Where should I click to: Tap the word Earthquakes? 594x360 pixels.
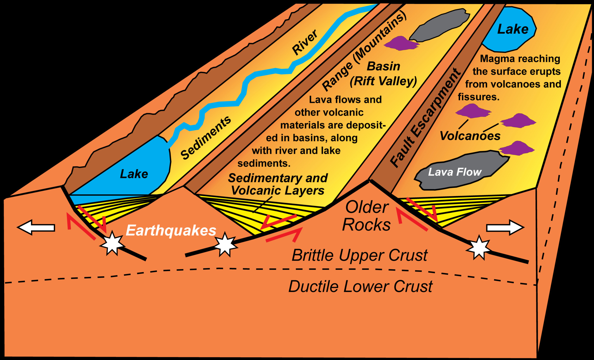(171, 230)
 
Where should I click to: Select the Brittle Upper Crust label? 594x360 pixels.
(360, 255)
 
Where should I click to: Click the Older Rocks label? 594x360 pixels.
(367, 216)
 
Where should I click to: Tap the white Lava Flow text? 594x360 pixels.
(455, 172)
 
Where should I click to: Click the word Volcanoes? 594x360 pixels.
(470, 136)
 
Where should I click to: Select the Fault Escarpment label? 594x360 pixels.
(426, 118)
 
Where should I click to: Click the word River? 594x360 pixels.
(305, 42)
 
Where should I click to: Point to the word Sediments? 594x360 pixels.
(206, 138)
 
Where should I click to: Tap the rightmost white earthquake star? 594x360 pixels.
(479, 247)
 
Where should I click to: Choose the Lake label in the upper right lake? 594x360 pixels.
(513, 29)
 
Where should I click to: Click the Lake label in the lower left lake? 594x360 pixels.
(134, 174)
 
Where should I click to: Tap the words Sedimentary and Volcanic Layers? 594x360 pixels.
(278, 184)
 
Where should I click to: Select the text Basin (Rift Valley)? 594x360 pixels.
(384, 74)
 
